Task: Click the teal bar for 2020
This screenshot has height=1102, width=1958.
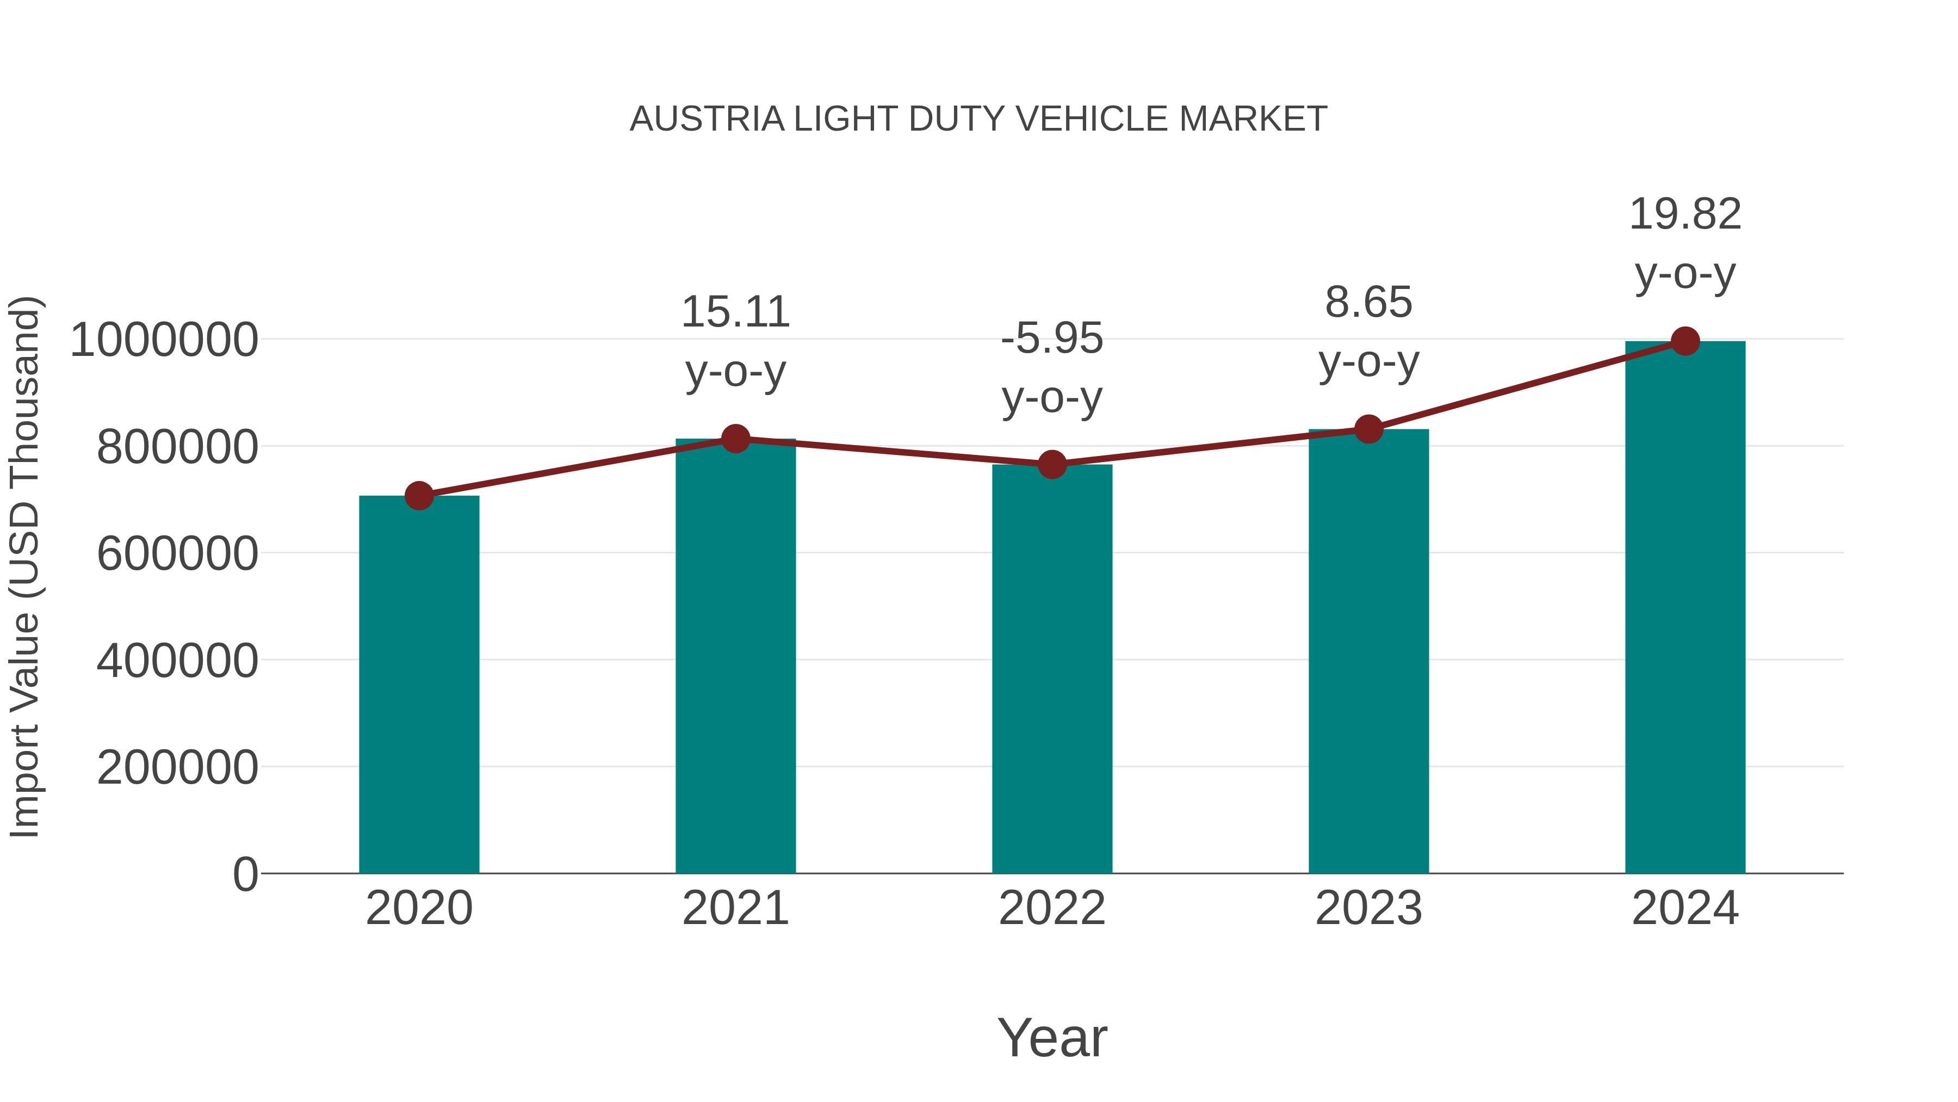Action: point(419,685)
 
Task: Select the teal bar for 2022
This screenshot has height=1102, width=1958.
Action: point(1052,669)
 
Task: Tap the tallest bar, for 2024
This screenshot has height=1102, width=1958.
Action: point(1685,608)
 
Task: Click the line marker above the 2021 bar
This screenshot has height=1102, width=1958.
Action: point(735,439)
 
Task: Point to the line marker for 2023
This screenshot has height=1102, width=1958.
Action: point(1368,430)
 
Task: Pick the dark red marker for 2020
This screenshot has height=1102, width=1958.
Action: point(419,496)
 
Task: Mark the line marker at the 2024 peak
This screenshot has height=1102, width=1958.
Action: point(1685,341)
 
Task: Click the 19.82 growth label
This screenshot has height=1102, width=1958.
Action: point(1685,214)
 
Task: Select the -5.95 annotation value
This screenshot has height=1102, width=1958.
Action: point(1052,338)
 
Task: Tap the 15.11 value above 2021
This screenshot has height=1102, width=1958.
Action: point(735,312)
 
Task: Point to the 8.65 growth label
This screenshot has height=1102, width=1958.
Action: point(1368,303)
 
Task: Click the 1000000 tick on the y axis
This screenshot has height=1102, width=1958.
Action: point(163,340)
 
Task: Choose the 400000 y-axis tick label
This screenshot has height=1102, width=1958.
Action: point(177,660)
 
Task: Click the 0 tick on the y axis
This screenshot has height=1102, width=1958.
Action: point(245,874)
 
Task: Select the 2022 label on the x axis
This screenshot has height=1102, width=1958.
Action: point(1052,908)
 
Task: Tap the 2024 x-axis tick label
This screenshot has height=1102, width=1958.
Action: point(1685,908)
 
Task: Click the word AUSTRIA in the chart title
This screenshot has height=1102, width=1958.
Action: point(707,119)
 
